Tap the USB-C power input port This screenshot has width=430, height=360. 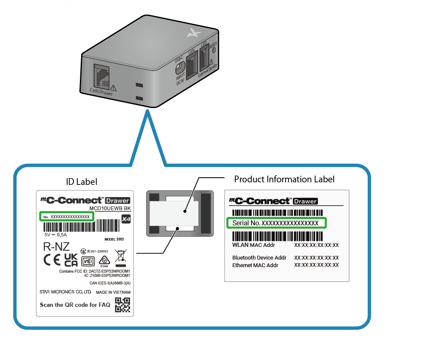coord(181,68)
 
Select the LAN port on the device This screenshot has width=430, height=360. coord(192,65)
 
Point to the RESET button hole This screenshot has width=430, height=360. coord(214,50)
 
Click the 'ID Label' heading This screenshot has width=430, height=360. coord(82,182)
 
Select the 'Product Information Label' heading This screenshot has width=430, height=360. coord(284,179)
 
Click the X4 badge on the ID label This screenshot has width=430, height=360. coord(125,219)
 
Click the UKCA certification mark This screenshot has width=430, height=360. coord(71,260)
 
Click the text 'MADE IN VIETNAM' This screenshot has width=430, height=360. coord(113,292)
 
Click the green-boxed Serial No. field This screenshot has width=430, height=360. coord(276,222)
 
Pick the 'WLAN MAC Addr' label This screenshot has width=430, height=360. coord(253,245)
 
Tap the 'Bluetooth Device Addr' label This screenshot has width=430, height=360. coord(259,257)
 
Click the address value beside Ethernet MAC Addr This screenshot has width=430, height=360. coord(316,265)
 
